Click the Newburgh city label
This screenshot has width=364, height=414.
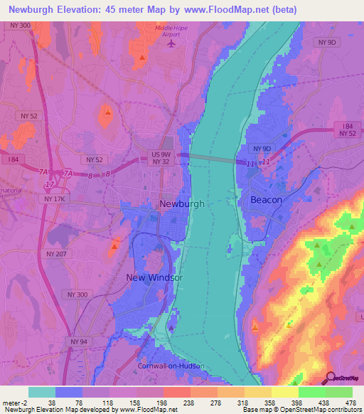[x=182, y=203]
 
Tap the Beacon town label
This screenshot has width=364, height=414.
[x=266, y=201]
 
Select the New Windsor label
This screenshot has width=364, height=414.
[x=154, y=277]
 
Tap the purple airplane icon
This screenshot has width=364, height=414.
[x=171, y=43]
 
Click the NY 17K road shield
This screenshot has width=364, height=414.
[x=54, y=199]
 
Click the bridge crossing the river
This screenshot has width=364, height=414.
[x=213, y=159]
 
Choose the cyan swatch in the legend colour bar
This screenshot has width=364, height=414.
[x=42, y=392]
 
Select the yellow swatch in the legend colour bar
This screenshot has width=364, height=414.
[x=257, y=392]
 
